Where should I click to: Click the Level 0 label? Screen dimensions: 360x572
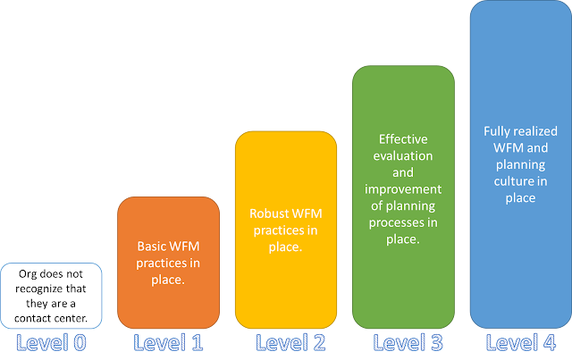pyautogui.click(x=51, y=342)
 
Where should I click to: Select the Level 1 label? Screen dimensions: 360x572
pyautogui.click(x=168, y=342)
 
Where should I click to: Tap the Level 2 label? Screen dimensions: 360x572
pyautogui.click(x=286, y=342)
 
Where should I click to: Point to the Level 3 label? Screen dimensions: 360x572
pyautogui.click(x=403, y=342)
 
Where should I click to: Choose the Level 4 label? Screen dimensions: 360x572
pyautogui.click(x=520, y=342)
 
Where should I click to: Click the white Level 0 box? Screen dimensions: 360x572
pyautogui.click(x=51, y=295)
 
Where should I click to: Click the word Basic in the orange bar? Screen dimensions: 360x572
pyautogui.click(x=152, y=244)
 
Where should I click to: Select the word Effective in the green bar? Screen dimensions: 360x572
pyautogui.click(x=403, y=139)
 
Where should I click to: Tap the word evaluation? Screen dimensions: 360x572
pyautogui.click(x=403, y=155)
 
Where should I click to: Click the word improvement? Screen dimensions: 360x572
pyautogui.click(x=403, y=188)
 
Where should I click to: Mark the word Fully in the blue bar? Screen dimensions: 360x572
pyautogui.click(x=499, y=131)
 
